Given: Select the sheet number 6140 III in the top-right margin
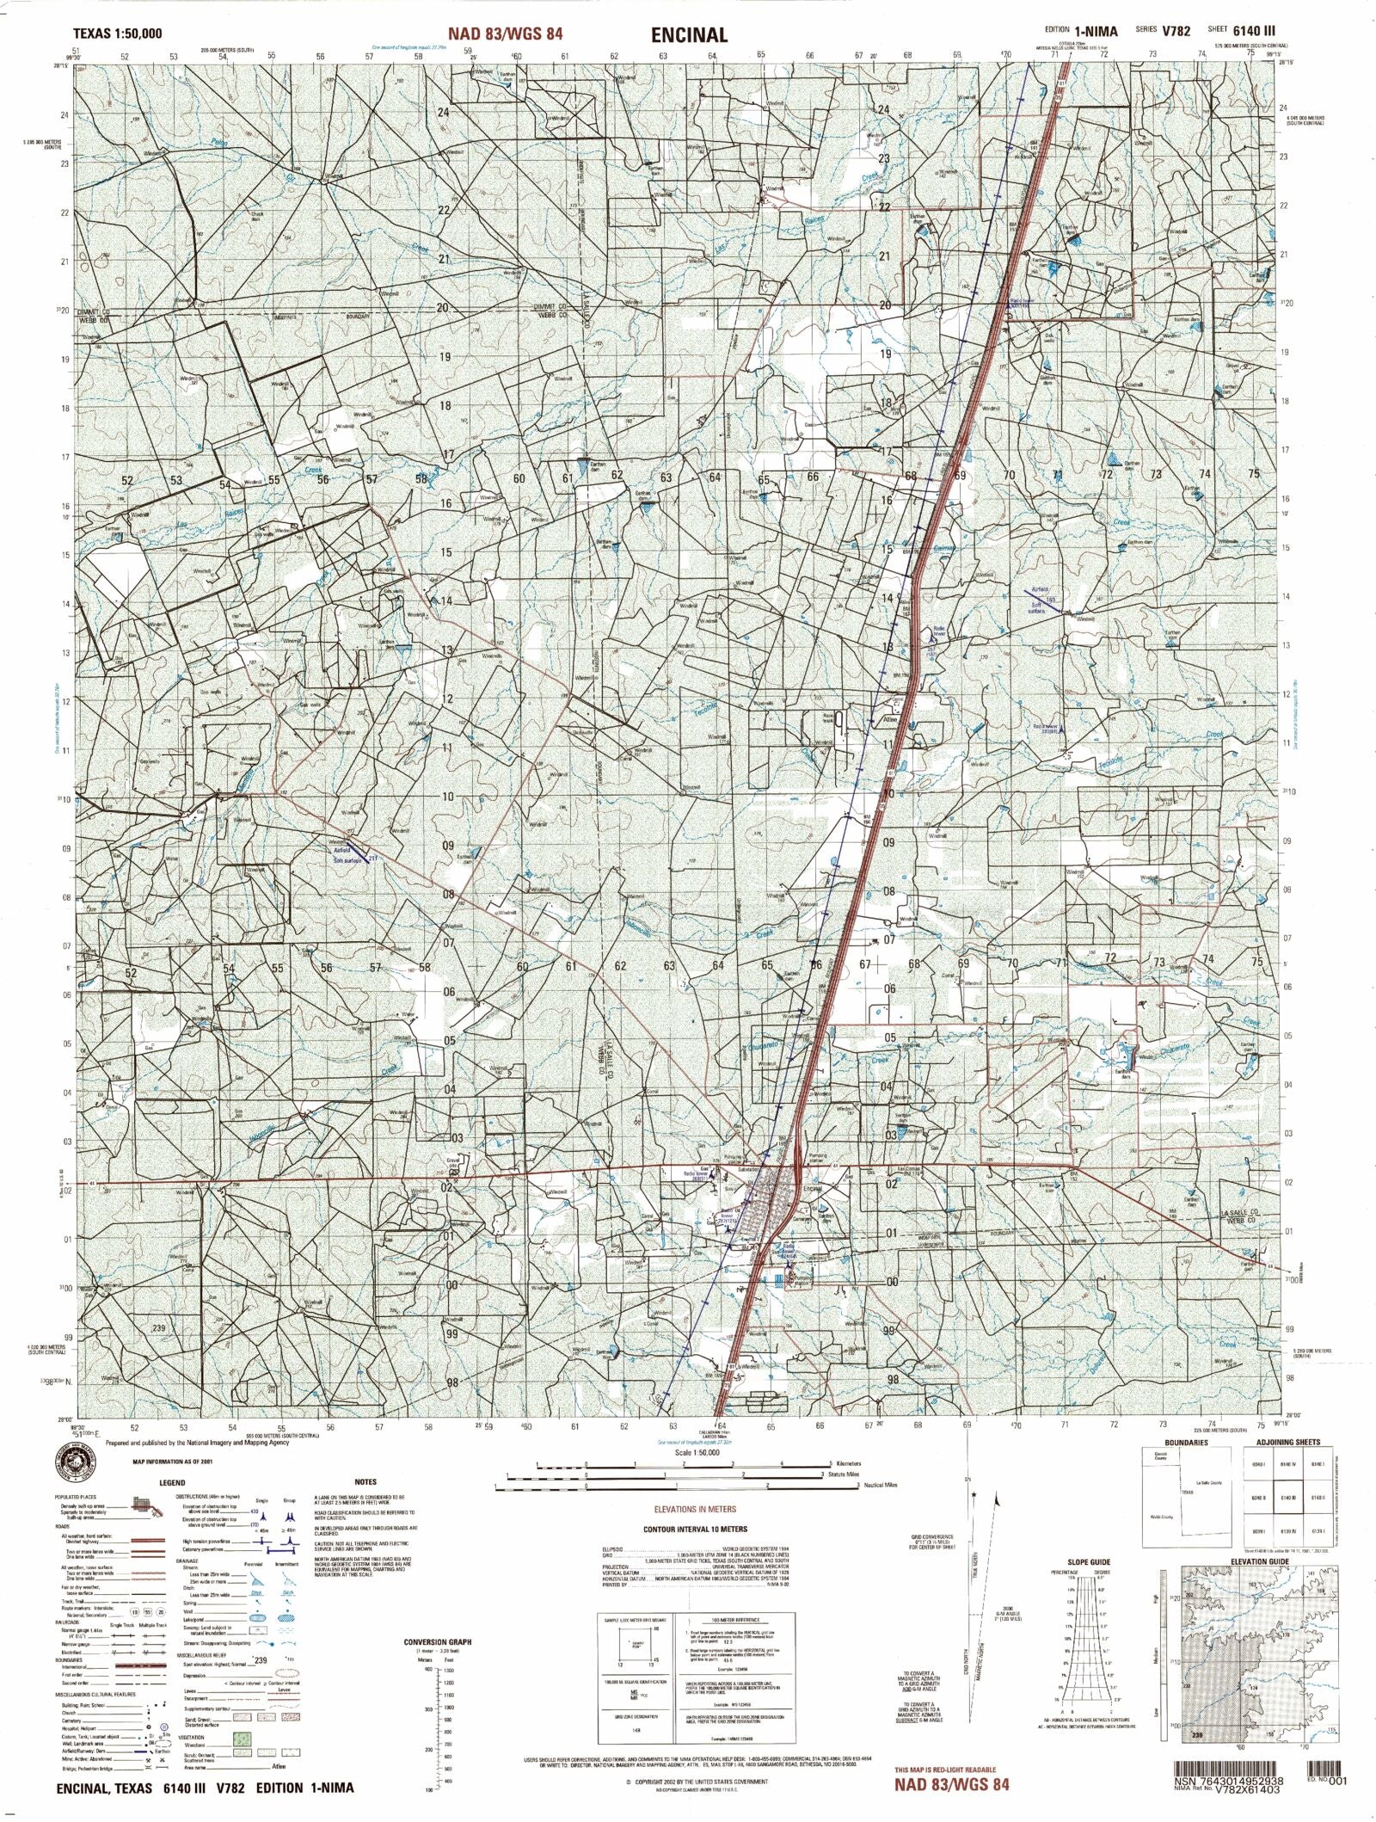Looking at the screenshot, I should (x=1256, y=31).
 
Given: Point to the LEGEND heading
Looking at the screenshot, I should (x=172, y=1483).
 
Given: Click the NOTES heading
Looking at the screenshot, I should (x=365, y=1482).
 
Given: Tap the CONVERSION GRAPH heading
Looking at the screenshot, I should (x=438, y=1641).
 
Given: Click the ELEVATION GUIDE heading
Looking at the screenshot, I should (x=1260, y=1561).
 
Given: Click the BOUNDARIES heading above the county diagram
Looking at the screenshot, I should (x=1187, y=1442).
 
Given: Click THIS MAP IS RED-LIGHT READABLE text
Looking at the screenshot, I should (x=945, y=1769).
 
